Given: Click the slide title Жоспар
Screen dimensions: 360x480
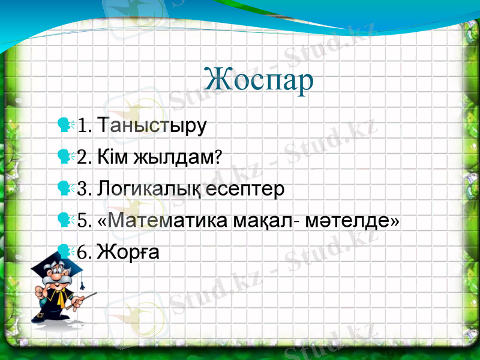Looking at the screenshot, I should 259,80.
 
